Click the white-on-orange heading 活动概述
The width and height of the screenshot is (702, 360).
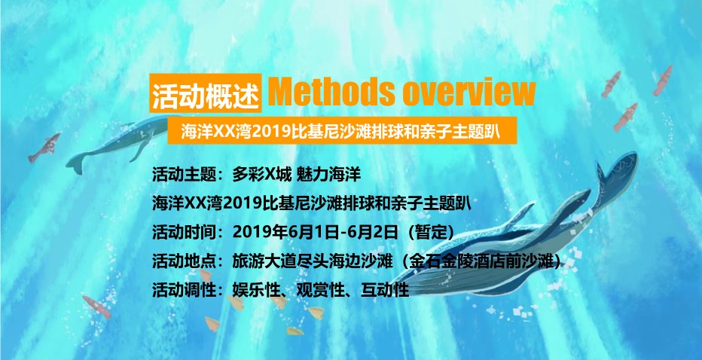tap(206, 93)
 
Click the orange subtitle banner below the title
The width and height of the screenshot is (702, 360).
tap(342, 131)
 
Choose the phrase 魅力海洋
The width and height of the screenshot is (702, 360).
tap(328, 175)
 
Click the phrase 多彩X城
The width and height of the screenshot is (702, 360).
tap(261, 175)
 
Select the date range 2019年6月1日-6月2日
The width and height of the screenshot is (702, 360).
tap(315, 232)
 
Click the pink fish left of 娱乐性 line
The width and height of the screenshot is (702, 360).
tap(96, 307)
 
